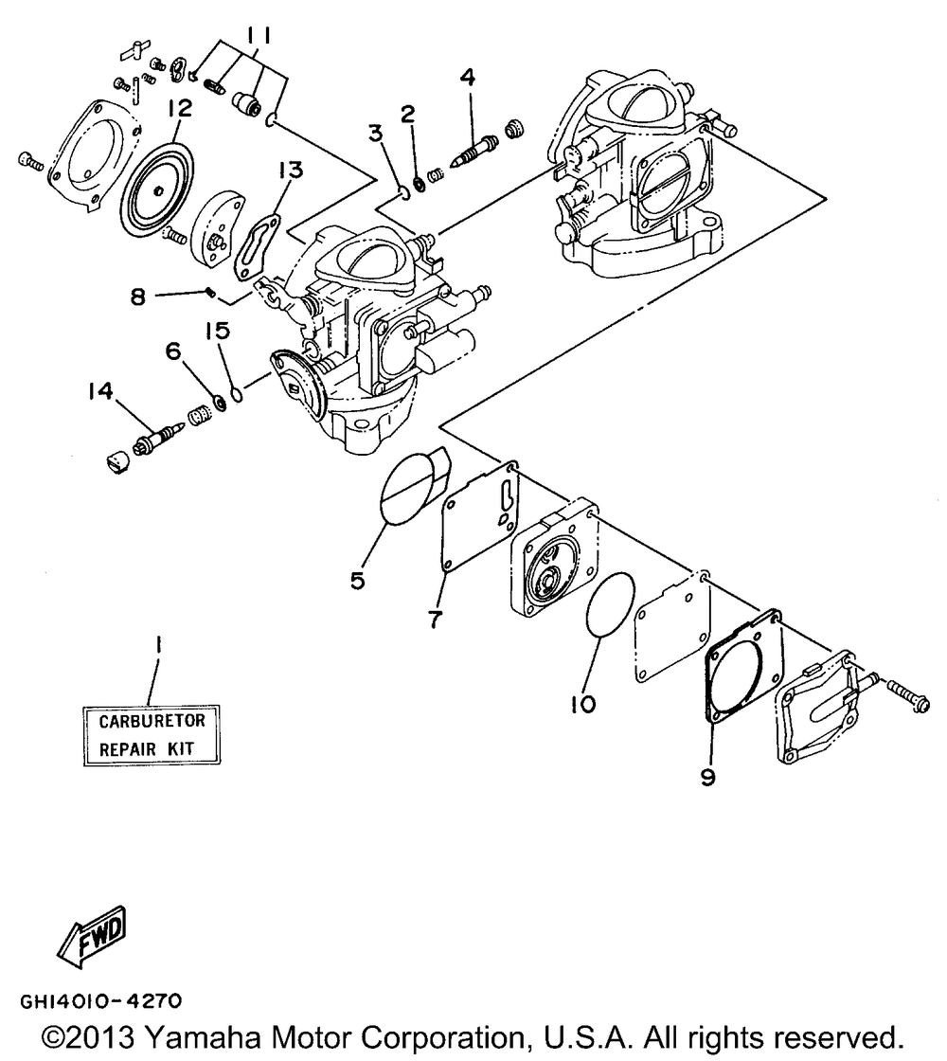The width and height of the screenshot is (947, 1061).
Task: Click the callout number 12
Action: click(179, 109)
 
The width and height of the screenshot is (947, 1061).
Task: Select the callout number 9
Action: click(708, 777)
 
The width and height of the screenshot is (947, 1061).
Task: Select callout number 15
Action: click(216, 330)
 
